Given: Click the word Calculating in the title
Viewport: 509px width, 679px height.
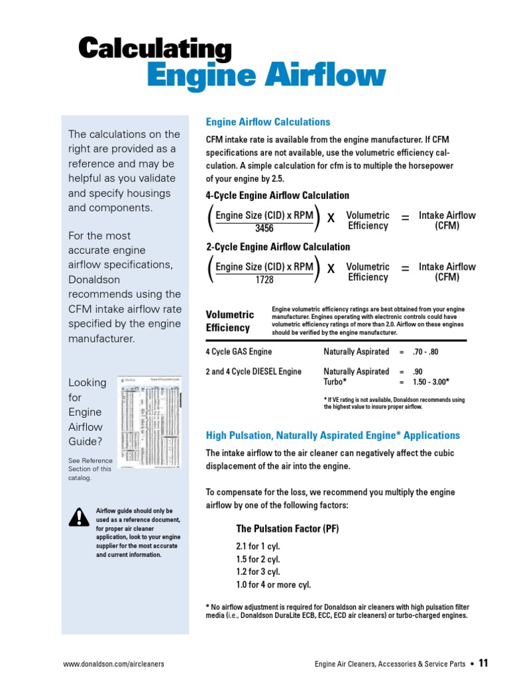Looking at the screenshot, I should tap(155, 50).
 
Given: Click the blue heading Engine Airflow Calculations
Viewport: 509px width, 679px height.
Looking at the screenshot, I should tap(268, 122).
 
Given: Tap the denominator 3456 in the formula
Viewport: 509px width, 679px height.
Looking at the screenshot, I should tap(264, 229).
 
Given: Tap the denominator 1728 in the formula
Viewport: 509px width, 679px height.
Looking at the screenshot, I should tap(264, 280).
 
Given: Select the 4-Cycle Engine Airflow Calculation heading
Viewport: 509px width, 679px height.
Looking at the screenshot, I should tap(278, 196).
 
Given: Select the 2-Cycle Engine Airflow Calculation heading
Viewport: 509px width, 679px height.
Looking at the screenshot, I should tap(278, 247).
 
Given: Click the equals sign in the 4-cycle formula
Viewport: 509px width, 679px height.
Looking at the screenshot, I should tap(405, 217).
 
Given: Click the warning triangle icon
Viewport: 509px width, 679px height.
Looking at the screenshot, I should tap(78, 517).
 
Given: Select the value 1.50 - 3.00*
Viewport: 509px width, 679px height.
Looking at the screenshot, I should tap(431, 382).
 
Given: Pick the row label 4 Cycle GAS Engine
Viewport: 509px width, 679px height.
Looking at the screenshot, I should tap(239, 352).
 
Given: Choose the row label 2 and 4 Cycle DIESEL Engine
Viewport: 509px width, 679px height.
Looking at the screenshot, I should tap(253, 371).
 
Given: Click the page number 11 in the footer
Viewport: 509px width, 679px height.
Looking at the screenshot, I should tap(483, 663).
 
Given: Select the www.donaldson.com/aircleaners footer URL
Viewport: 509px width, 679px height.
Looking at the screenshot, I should tap(113, 664).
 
